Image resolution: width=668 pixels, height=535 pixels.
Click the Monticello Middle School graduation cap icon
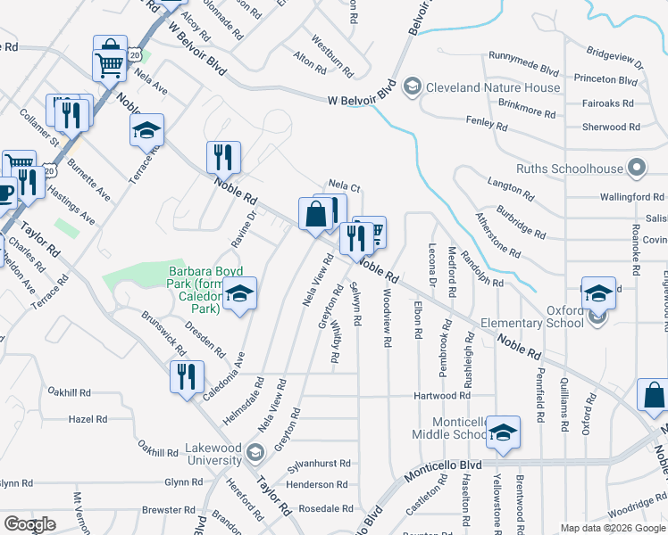(503, 432)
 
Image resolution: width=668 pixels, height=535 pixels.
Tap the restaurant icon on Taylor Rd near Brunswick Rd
(187, 375)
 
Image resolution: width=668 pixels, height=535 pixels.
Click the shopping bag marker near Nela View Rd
(315, 214)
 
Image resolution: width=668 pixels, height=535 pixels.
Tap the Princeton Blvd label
(605, 80)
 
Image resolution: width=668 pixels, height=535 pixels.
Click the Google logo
(29, 524)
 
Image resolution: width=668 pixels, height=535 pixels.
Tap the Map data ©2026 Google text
(613, 528)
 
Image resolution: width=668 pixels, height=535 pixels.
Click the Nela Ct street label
(344, 187)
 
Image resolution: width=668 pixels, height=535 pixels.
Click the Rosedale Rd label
(327, 509)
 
